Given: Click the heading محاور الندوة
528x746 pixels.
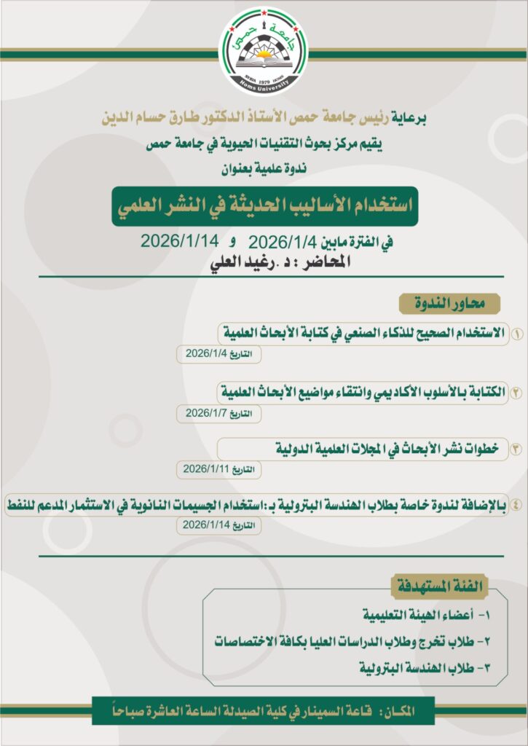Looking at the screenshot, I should pyautogui.click(x=448, y=302).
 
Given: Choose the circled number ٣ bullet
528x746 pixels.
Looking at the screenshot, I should pyautogui.click(x=515, y=449).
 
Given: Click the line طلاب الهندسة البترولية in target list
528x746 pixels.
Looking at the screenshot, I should pyautogui.click(x=422, y=667).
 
